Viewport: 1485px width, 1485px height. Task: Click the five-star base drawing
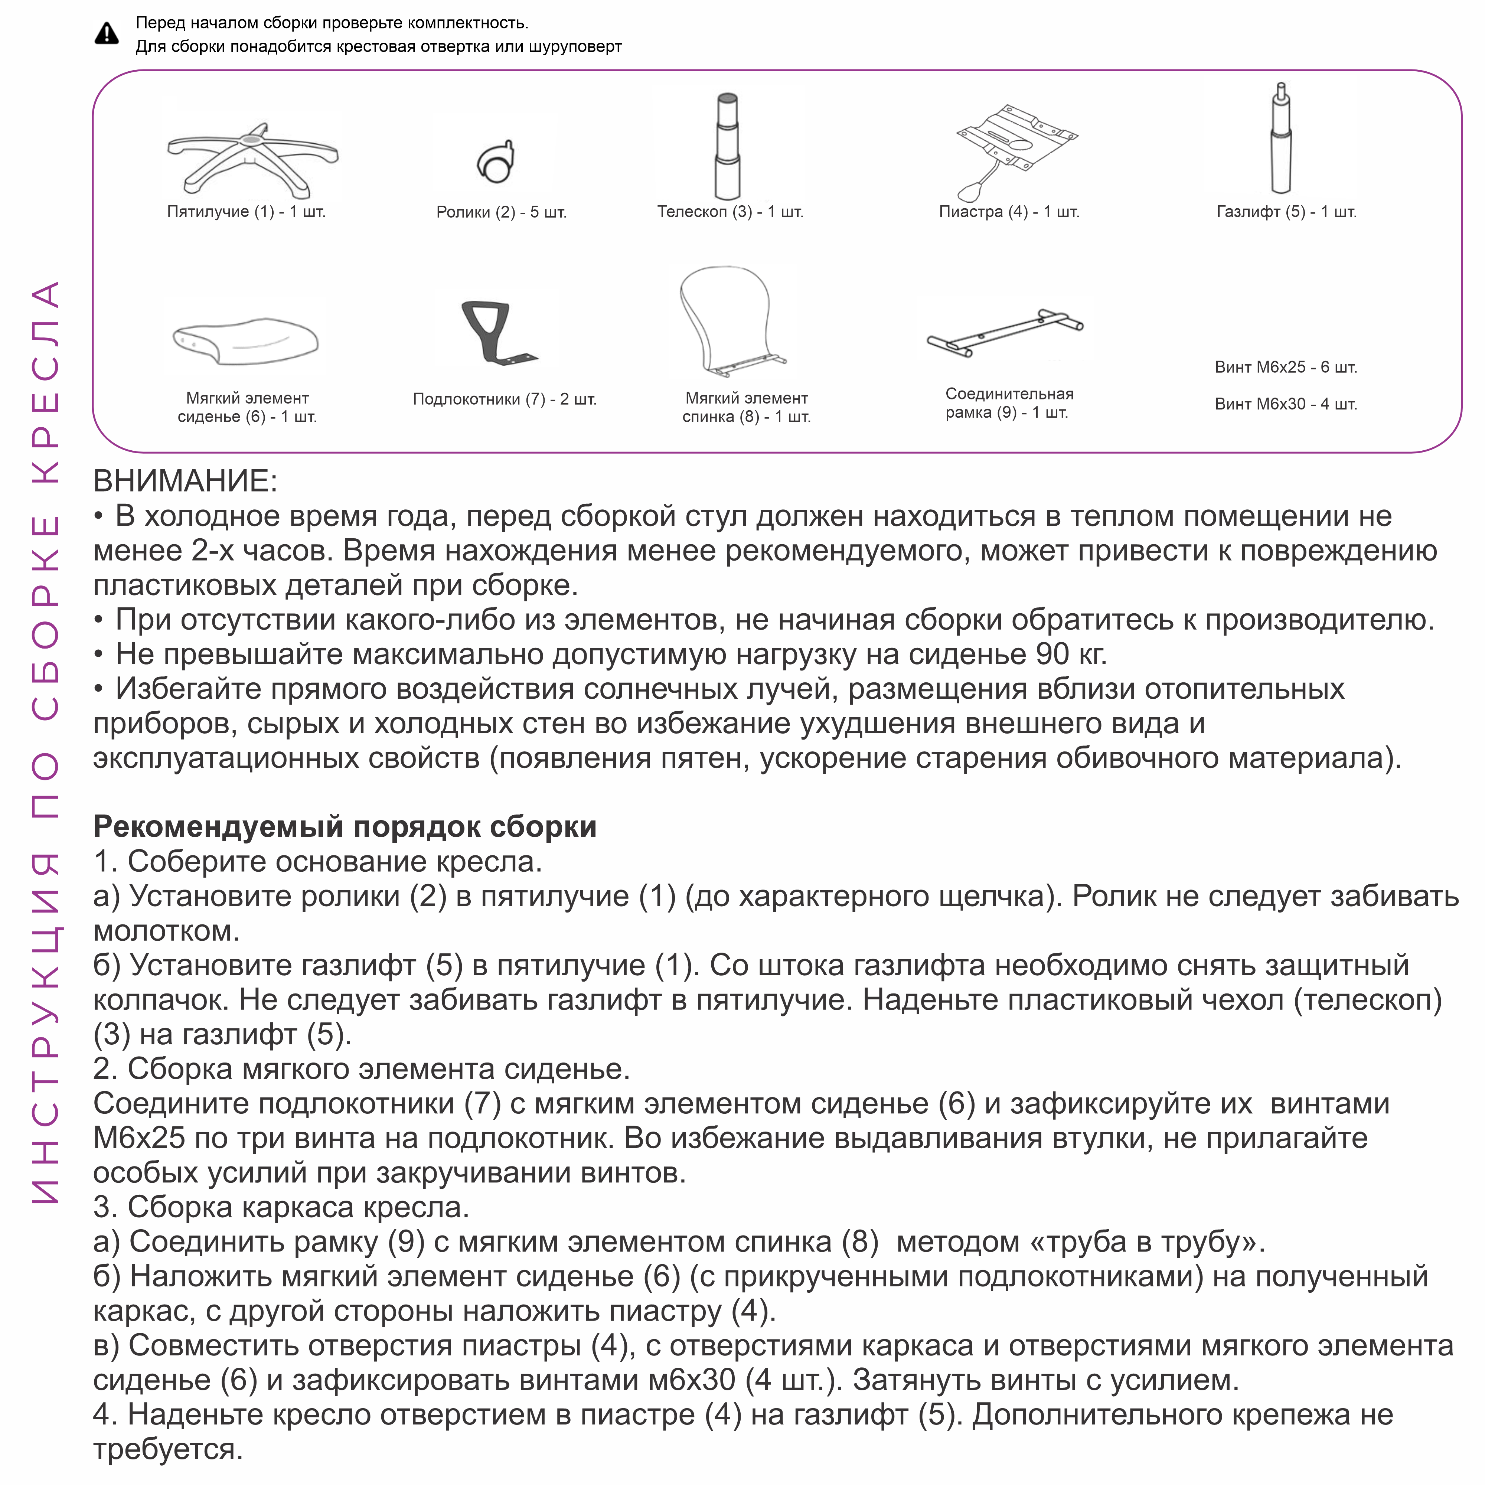(252, 157)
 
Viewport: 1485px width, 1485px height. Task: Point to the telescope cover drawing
(727, 146)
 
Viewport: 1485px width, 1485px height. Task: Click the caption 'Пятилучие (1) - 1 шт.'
(246, 211)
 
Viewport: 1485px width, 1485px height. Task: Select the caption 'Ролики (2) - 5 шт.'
(501, 212)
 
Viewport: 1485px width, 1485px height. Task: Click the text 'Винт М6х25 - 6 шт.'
(1285, 368)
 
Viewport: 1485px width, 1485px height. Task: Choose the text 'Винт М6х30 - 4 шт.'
(1285, 404)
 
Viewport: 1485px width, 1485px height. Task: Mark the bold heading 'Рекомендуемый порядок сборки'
(345, 827)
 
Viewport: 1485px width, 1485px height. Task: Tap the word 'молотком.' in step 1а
(166, 931)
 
